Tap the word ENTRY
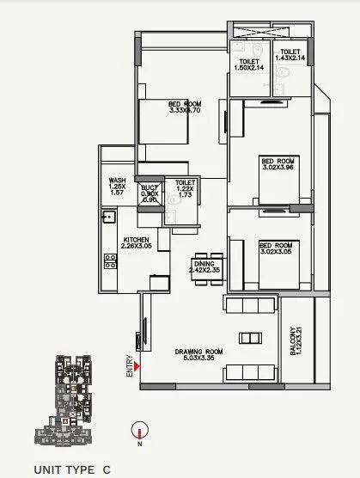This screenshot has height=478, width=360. pyautogui.click(x=130, y=367)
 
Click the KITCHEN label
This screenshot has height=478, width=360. pyautogui.click(x=137, y=243)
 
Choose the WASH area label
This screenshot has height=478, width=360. pyautogui.click(x=118, y=187)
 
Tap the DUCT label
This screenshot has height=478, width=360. pyautogui.click(x=149, y=192)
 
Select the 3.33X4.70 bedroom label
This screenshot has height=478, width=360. pyautogui.click(x=184, y=107)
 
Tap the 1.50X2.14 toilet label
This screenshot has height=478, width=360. pyautogui.click(x=249, y=64)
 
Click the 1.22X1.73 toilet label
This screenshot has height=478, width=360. pyautogui.click(x=186, y=190)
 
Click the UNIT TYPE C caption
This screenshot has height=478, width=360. pyautogui.click(x=72, y=469)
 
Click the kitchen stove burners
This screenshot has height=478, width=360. pyautogui.click(x=109, y=258)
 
